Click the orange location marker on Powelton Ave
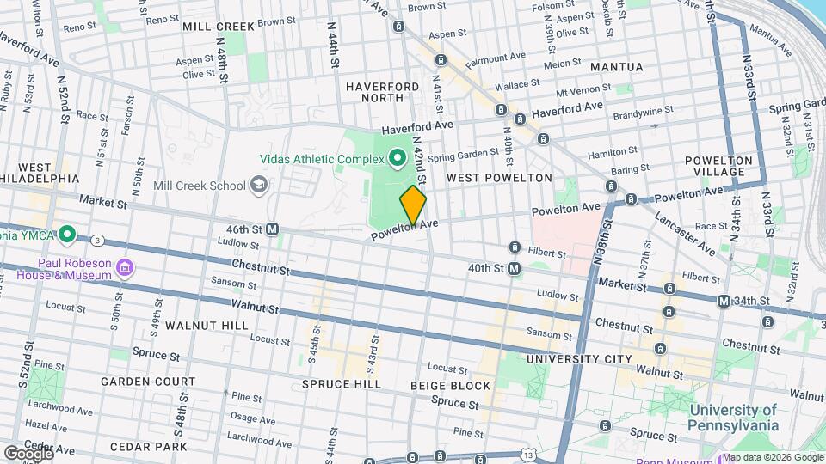(x=413, y=206)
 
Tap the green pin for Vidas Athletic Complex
(x=397, y=157)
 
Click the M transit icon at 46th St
(x=273, y=229)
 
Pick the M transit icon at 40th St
(x=514, y=269)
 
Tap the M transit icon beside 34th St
(x=724, y=301)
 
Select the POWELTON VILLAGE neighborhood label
(x=719, y=166)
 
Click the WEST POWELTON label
(x=499, y=177)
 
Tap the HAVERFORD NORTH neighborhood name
(x=383, y=93)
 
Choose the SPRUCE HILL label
(x=341, y=384)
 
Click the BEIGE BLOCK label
(x=451, y=386)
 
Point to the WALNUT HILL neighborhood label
(x=206, y=326)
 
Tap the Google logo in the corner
(x=28, y=453)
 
